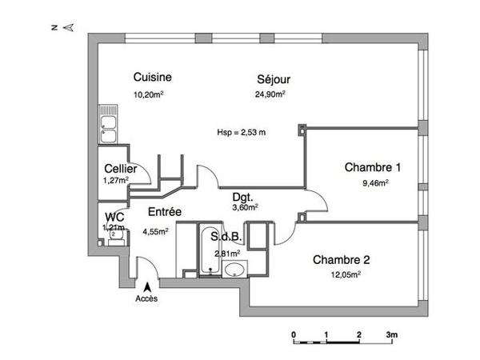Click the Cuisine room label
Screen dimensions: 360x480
[x=152, y=78]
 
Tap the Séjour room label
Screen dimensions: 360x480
[x=273, y=79]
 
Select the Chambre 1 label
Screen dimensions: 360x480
[x=373, y=167]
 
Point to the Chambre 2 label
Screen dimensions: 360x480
[x=342, y=259]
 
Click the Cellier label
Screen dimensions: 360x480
[x=120, y=170]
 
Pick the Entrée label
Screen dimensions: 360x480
[x=163, y=213]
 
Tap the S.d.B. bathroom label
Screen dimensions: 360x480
[x=226, y=237]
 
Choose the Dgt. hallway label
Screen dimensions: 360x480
[x=244, y=197]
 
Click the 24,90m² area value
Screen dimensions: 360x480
[x=270, y=94]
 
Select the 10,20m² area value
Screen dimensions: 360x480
[x=149, y=94]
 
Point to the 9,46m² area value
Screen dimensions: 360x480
[x=375, y=182]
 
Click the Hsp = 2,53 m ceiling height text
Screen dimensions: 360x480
[x=242, y=133]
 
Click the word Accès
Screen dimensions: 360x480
[x=147, y=299]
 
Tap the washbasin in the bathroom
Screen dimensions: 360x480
[x=234, y=267]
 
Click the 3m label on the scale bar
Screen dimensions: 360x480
[x=392, y=334]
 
